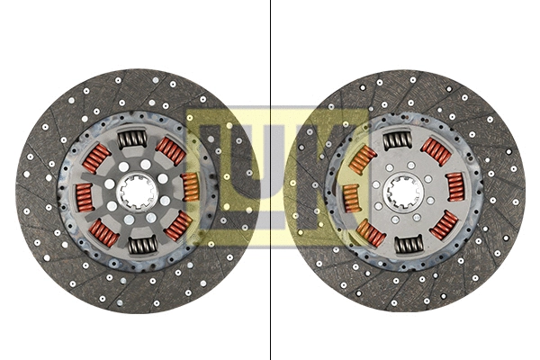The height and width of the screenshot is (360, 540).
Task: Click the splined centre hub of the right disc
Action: coord(402,192)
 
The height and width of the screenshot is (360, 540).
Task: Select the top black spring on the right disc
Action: coord(397,139)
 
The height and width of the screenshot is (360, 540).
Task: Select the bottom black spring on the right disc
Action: coord(408,244)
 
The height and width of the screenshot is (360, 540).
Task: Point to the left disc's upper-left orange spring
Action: coord(95,158)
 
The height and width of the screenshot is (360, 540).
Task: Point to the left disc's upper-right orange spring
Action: coord(171,150)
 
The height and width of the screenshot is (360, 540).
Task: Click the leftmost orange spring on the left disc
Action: coord(83,195)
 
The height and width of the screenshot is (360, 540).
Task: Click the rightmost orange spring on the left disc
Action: coord(190,186)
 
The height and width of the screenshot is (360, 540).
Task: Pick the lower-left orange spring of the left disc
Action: coord(103,233)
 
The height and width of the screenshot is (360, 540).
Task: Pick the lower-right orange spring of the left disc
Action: coord(178,224)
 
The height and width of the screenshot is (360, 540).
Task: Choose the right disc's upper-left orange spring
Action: coord(362,161)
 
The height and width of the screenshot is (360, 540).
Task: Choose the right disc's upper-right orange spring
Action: coord(436,151)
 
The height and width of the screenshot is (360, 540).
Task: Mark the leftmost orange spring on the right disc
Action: coord(351,198)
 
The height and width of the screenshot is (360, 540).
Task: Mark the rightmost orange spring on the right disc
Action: coord(455,186)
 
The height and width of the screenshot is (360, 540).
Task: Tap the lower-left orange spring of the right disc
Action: coord(370,234)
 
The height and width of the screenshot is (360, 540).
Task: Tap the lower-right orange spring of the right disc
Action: coord(444,224)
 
